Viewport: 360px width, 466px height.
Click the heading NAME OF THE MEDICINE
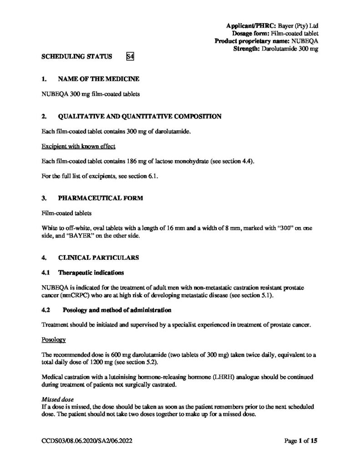tap(99, 79)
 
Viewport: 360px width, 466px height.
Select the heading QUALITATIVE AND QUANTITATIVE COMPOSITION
tap(140, 116)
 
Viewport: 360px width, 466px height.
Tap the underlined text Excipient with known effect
tap(78, 147)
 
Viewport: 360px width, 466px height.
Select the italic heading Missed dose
tap(58, 399)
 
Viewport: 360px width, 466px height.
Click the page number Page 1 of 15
tap(300, 441)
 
